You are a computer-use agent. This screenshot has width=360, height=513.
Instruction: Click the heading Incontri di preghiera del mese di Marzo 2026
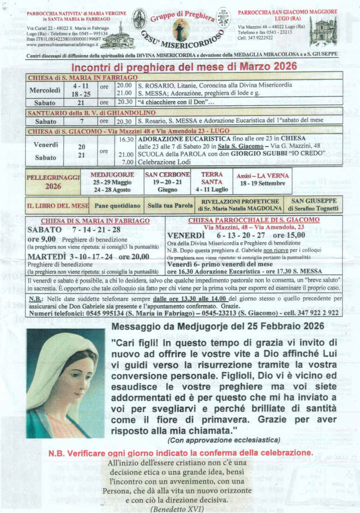click(x=184, y=67)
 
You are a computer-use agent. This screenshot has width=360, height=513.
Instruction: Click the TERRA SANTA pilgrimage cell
click(x=212, y=182)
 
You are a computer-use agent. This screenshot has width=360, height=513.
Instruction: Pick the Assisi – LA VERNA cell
click(x=261, y=180)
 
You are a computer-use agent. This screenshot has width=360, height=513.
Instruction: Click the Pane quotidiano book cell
click(x=117, y=205)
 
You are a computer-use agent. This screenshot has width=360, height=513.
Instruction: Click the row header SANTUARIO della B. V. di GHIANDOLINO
click(x=82, y=113)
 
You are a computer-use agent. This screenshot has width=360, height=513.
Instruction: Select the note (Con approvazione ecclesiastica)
click(x=224, y=440)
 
